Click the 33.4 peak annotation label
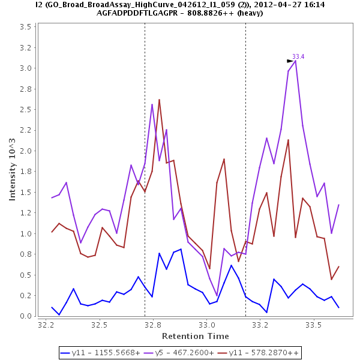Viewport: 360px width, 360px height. coord(298,56)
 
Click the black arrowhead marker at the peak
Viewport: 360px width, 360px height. coord(290,61)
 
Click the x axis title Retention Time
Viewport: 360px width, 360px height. coord(196,336)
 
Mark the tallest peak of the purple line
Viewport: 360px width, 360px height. coord(295,61)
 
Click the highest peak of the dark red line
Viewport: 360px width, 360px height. coord(159,100)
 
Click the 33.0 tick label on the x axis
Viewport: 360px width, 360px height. coord(207,325)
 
